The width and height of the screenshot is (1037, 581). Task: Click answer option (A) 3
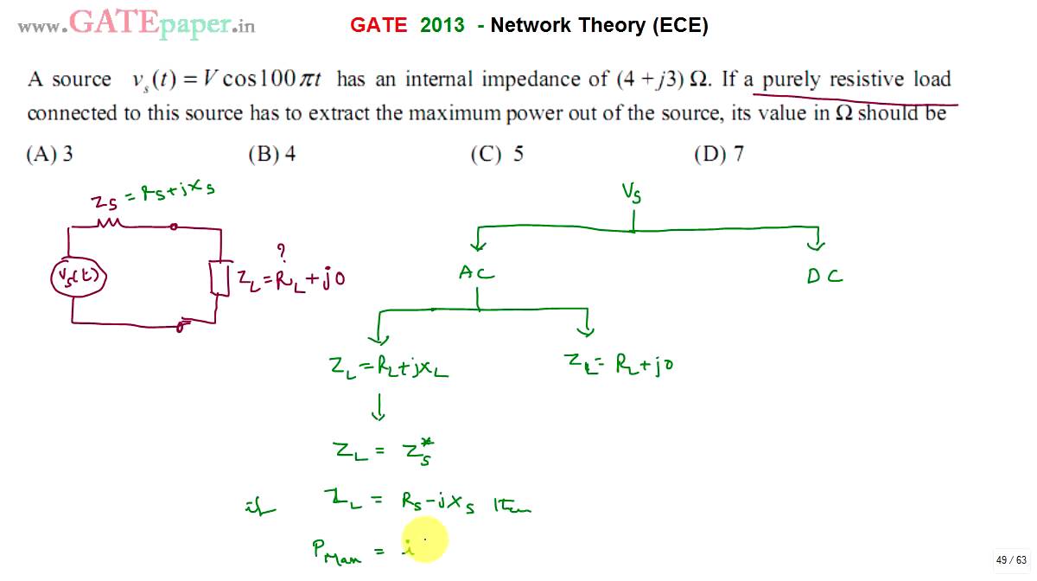pos(50,155)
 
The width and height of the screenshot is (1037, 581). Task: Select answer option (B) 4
pos(272,155)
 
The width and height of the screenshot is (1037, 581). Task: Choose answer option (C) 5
pos(497,155)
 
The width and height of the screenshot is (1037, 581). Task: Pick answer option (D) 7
pos(720,155)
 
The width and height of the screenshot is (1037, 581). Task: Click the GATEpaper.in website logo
pos(137,23)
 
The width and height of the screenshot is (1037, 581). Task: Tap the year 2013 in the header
pos(442,26)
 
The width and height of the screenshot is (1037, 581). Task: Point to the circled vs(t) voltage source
pos(77,277)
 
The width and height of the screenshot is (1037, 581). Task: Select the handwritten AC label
pos(476,274)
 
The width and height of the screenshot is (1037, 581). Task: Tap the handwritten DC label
pos(824,277)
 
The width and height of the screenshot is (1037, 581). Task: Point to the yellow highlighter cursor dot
pos(424,539)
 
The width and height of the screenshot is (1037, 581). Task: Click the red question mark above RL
pos(281,251)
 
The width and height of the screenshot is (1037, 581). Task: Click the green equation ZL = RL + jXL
pos(388,367)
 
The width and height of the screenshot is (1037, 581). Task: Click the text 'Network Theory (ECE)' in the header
pos(599,26)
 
